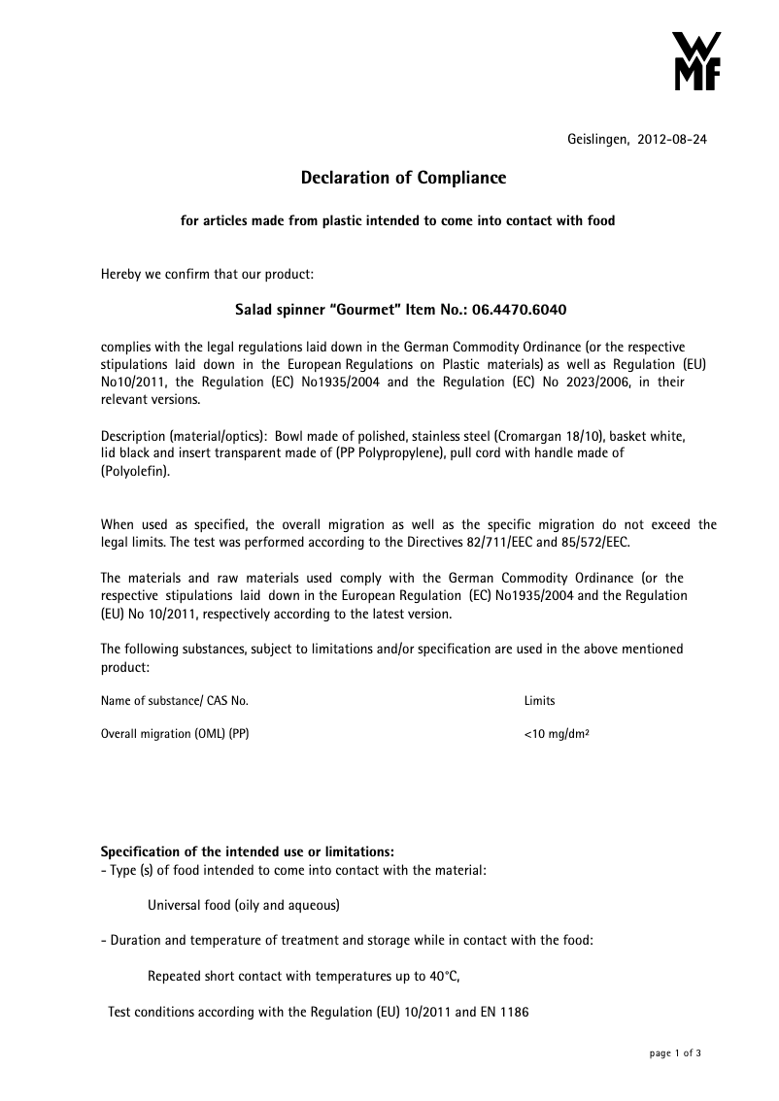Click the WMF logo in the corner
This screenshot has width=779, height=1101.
pyautogui.click(x=696, y=61)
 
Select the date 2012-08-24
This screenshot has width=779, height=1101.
pyautogui.click(x=672, y=140)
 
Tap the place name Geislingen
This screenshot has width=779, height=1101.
pyautogui.click(x=597, y=140)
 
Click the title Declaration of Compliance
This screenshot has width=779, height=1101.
pyautogui.click(x=403, y=178)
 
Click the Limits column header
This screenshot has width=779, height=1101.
pyautogui.click(x=539, y=701)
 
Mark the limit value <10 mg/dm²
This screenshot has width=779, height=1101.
pyautogui.click(x=557, y=734)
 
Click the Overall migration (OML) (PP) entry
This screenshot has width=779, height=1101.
pyautogui.click(x=175, y=734)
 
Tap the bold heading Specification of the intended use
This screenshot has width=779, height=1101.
pyautogui.click(x=248, y=852)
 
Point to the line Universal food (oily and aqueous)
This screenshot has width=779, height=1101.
pyautogui.click(x=243, y=905)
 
